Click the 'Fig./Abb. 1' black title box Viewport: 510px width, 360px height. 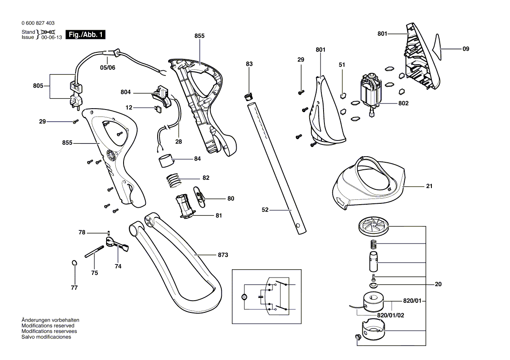coord(86,34)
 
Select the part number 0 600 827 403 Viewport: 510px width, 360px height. coord(38,23)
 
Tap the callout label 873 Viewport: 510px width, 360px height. coord(223,255)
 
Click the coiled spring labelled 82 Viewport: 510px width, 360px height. coord(174,180)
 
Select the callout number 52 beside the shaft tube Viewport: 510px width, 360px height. coord(265,210)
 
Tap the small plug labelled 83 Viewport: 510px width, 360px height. coord(249,96)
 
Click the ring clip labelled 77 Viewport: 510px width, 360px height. coord(75,263)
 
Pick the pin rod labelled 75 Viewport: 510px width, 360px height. coord(94,252)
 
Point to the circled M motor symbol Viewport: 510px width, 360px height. coord(244,297)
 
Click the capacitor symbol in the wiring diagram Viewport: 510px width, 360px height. coord(261,297)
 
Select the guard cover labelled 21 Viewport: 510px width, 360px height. coord(369,183)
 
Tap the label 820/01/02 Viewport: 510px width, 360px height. coord(390,315)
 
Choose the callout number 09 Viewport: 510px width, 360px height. coord(466,49)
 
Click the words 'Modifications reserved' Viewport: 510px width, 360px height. coord(48,326)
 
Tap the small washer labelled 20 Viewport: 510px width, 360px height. coord(373,285)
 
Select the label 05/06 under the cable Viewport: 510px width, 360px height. coord(107,68)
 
